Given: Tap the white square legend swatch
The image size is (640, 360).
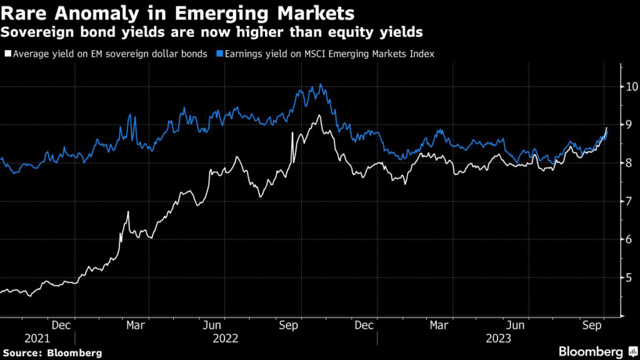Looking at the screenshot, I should click(x=7, y=54).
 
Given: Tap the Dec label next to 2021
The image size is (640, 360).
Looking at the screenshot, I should click(x=61, y=325).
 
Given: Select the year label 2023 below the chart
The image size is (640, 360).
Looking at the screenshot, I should click(x=497, y=338).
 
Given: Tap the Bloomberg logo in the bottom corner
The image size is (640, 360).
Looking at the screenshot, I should click(x=594, y=351).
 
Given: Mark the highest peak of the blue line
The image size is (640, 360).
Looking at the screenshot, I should click(x=320, y=84).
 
